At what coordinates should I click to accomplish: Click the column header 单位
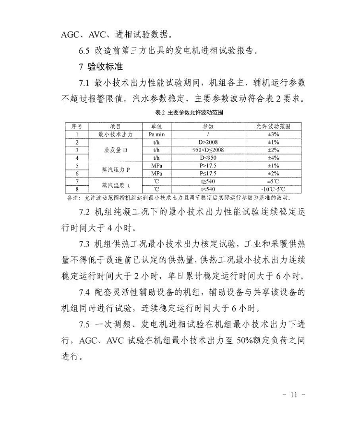156,126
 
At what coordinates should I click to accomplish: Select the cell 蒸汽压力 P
115,169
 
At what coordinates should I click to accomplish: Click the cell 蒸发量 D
115,150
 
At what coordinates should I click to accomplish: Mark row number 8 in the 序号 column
77,190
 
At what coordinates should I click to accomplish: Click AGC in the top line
72,35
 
